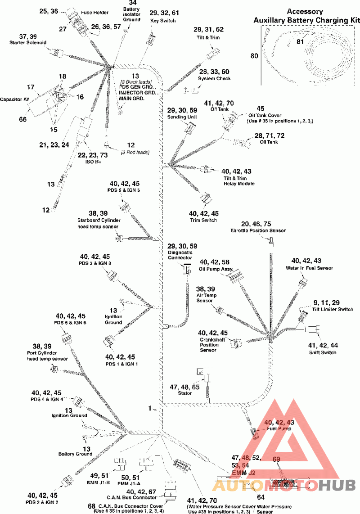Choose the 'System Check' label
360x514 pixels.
[214, 78]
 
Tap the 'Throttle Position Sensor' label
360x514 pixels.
[258, 230]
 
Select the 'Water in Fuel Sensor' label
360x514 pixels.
[310, 268]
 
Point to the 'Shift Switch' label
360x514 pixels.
[323, 352]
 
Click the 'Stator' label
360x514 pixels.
[184, 393]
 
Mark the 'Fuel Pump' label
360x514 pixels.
[279, 428]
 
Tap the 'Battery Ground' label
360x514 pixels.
[76, 454]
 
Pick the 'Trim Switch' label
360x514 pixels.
[203, 220]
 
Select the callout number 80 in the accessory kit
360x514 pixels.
[255, 56]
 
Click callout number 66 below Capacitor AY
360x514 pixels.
[22, 119]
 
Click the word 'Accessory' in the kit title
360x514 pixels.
[305, 12]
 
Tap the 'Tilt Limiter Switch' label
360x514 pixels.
[333, 309]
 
